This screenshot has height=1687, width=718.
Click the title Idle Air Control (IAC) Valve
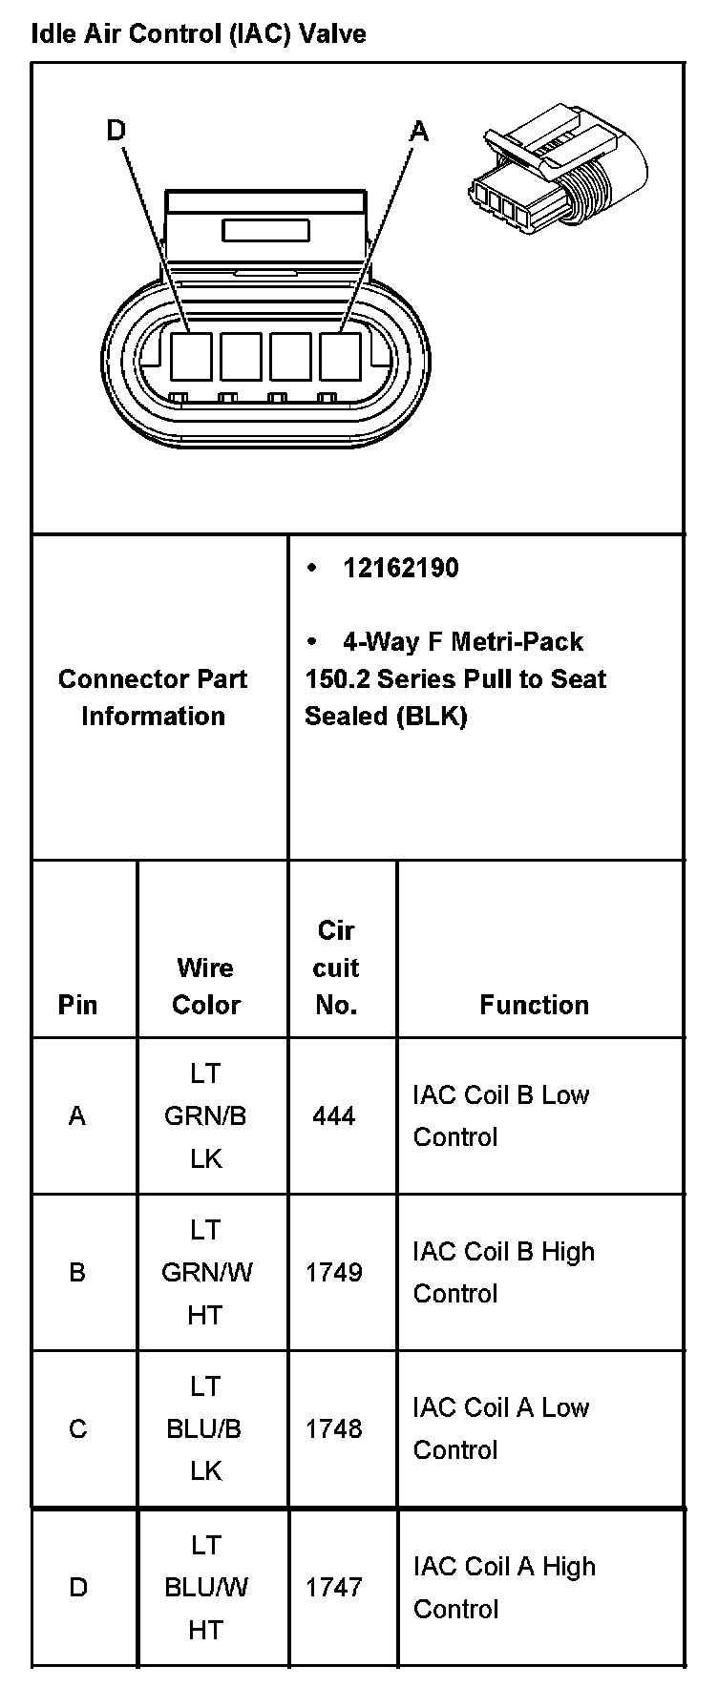tap(199, 35)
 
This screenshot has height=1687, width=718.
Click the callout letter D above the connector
tap(116, 131)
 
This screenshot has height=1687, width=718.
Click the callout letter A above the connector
tap(419, 131)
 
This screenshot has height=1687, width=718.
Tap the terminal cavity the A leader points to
tap(340, 355)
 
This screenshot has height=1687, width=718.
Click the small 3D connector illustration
tap(557, 177)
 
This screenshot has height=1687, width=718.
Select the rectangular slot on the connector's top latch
tap(265, 230)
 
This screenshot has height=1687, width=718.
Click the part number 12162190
tap(400, 569)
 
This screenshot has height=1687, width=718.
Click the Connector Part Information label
tap(153, 698)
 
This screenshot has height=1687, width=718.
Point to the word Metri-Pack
tap(517, 641)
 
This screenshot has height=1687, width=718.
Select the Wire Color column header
tap(205, 986)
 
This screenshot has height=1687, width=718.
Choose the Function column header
tap(534, 1004)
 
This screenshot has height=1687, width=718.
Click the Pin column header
tap(77, 1004)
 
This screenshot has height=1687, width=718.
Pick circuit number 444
tap(333, 1115)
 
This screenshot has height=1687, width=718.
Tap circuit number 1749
tap(333, 1272)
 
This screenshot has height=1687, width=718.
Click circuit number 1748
tap(333, 1428)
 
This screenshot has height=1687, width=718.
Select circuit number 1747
tap(333, 1587)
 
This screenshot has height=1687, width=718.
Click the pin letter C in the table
tap(77, 1428)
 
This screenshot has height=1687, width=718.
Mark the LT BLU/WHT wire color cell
tap(205, 1587)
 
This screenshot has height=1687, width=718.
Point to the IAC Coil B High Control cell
tap(503, 1272)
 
